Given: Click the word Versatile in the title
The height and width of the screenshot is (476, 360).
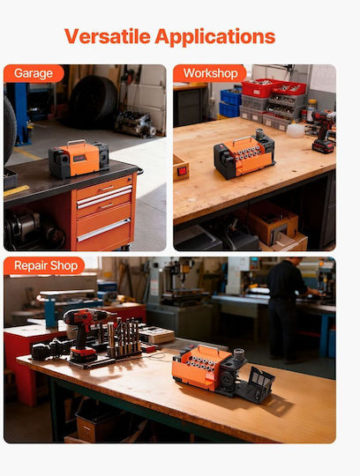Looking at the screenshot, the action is (108, 36).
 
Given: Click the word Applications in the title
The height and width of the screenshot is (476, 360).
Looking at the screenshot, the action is (215, 37).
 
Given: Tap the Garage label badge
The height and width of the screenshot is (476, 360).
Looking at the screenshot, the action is (34, 73).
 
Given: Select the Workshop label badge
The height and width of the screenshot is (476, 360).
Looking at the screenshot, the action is (210, 73).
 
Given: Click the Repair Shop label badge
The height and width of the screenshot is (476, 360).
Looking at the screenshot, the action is (44, 265).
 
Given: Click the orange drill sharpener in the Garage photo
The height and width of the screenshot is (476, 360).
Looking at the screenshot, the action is (79, 159).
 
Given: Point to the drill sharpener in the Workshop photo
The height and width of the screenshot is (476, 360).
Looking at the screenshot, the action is (244, 153).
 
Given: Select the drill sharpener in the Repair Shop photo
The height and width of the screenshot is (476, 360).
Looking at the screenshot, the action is (223, 372).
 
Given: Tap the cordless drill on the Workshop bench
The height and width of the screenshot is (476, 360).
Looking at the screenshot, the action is (324, 131).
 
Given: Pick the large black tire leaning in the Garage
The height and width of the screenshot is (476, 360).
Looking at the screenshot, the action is (93, 101).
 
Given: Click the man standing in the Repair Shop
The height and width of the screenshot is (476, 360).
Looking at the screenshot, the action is (288, 309).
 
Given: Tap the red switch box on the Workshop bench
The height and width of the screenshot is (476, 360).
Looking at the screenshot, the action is (181, 168).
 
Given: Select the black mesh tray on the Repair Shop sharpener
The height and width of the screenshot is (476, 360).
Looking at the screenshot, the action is (256, 386).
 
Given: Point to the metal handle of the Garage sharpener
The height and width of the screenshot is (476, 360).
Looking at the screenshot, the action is (77, 142).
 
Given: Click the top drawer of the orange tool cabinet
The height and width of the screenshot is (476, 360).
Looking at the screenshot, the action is (104, 188).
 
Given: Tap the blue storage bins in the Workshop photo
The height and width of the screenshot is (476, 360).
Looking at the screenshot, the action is (230, 103).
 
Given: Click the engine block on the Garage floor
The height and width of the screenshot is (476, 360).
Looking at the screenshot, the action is (136, 124).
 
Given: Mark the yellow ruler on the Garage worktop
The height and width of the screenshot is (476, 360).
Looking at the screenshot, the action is (17, 190).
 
